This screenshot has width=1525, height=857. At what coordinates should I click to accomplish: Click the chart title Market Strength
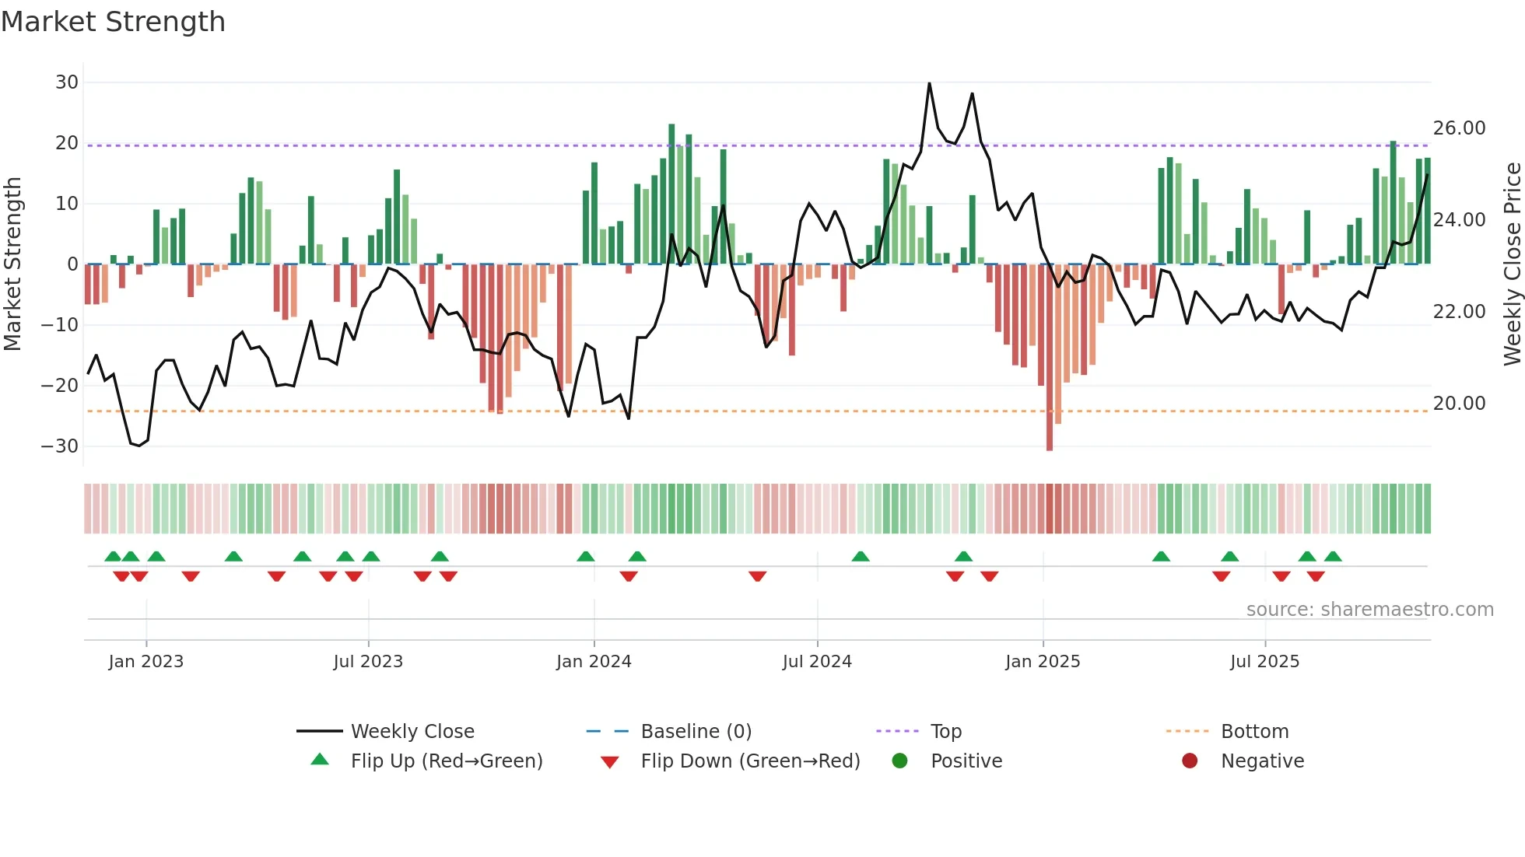(113, 22)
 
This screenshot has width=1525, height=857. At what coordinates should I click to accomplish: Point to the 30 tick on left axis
(67, 82)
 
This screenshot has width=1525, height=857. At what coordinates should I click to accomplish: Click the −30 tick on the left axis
(60, 446)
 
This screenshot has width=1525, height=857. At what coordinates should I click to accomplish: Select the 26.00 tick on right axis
(1459, 128)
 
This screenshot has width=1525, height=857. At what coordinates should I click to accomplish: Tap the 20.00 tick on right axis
(1459, 404)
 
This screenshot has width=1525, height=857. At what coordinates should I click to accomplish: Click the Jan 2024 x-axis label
(594, 662)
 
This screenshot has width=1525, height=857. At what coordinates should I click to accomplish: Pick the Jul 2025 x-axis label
(1264, 662)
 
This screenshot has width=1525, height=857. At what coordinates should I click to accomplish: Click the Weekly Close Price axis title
(1512, 264)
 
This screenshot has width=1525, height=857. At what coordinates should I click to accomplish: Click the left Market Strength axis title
(12, 264)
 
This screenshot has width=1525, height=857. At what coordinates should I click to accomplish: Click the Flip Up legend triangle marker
(320, 760)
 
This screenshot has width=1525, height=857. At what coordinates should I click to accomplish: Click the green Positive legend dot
(899, 761)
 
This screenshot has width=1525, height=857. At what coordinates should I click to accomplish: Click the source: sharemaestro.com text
(1369, 610)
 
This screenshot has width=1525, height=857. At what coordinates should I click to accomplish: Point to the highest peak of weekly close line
(929, 83)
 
